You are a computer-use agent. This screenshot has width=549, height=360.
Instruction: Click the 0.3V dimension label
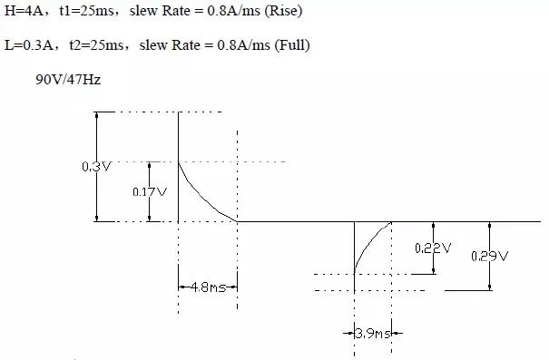pos(96,167)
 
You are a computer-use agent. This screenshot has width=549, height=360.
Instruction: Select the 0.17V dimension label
pos(150,191)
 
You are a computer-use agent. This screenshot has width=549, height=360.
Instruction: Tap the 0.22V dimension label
pos(433,248)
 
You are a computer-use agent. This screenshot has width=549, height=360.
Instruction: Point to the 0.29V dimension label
pos(489,257)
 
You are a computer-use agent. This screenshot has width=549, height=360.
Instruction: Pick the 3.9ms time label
pos(373,334)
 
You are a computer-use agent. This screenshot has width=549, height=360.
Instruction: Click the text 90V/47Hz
pos(68,80)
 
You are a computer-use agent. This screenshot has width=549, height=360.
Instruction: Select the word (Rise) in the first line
pos(283,11)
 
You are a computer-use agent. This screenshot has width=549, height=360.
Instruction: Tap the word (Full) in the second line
pos(292,45)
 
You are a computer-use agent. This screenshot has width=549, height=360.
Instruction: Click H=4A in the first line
pos(24,11)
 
